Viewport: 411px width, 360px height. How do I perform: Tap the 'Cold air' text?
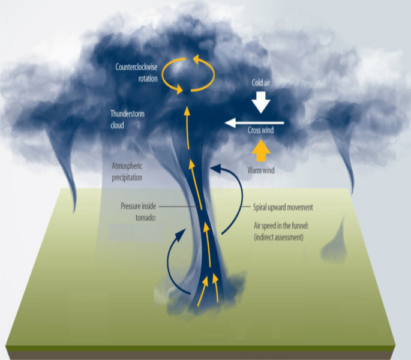point(260,84)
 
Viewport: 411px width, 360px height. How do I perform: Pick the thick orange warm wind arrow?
point(260,150)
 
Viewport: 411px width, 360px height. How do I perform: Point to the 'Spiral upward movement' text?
point(280,207)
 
